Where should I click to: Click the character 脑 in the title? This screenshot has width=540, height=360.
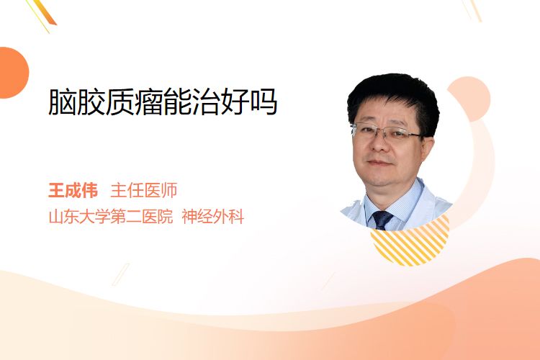tap(63, 102)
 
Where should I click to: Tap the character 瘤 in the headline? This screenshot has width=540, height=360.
tap(148, 102)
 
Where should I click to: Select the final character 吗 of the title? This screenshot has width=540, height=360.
tap(264, 102)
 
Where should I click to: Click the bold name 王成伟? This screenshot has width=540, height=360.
tap(73, 191)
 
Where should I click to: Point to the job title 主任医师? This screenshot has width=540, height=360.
tap(143, 191)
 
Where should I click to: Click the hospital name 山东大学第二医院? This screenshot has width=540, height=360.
tap(111, 217)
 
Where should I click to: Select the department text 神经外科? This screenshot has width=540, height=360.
tap(213, 217)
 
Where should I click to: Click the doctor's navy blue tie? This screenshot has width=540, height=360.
tap(382, 220)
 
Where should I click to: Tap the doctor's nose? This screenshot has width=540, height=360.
tap(379, 144)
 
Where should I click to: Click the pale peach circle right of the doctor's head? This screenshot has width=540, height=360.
tap(471, 98)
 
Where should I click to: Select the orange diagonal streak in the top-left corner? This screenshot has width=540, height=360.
tap(44, 14)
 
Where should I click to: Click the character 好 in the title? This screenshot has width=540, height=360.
tap(235, 102)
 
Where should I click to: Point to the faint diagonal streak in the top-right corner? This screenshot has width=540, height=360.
tap(472, 9)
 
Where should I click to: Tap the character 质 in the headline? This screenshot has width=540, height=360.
tap(120, 102)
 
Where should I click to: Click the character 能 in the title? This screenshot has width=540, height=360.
tap(177, 102)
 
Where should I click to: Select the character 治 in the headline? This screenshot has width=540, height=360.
tap(206, 102)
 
